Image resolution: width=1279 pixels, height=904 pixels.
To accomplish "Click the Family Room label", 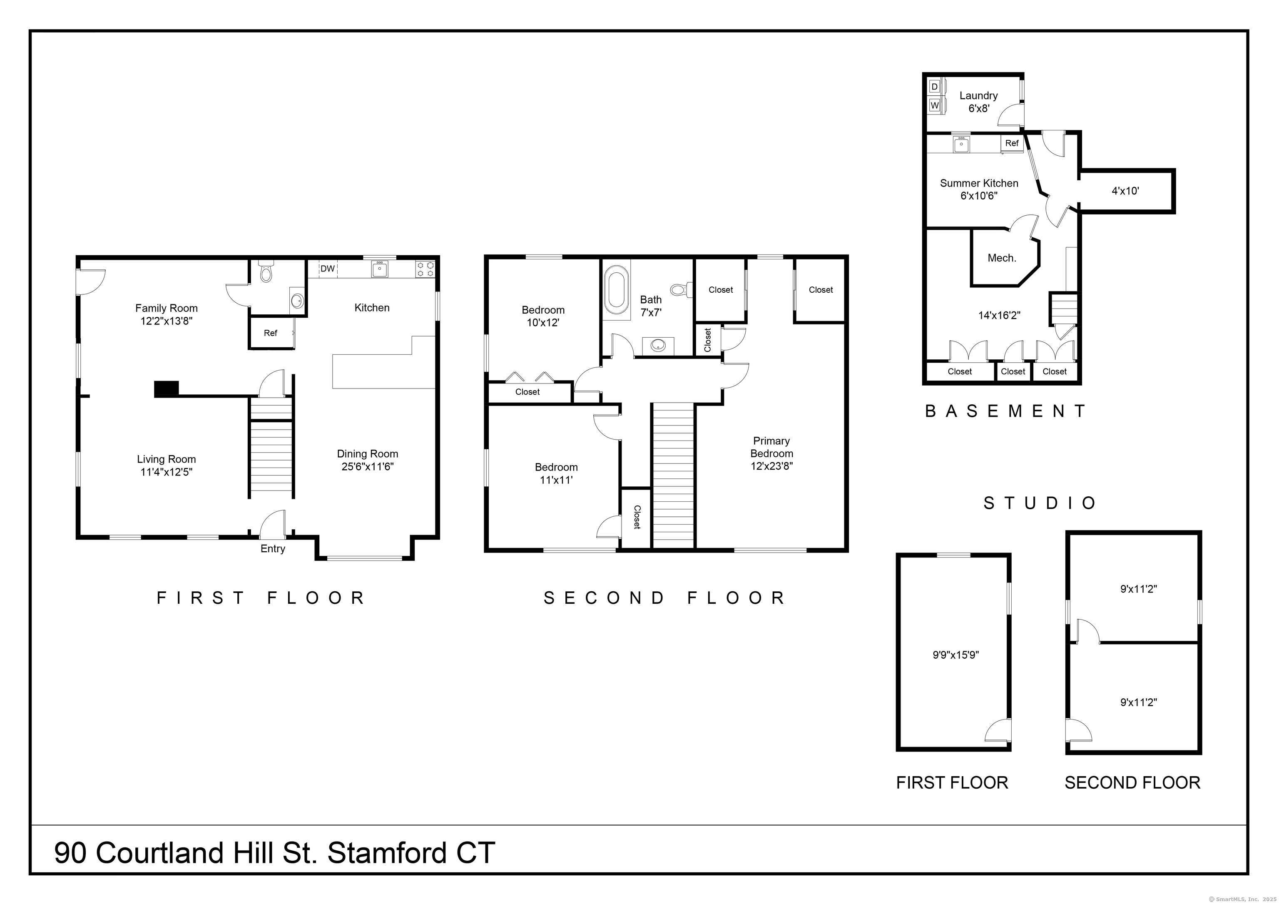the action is (166, 308).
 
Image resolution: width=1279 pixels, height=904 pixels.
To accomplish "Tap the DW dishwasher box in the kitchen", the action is (328, 269).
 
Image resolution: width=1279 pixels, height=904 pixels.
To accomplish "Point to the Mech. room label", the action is (1002, 258).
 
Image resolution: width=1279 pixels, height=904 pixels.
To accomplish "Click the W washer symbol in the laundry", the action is (935, 105).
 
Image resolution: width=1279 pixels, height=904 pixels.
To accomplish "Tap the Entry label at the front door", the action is (273, 549).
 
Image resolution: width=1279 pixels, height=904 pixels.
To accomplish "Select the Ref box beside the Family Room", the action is (271, 333).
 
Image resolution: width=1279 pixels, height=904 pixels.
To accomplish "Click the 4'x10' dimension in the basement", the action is (1125, 190).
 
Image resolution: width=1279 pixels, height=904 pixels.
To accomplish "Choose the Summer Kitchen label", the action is (979, 183).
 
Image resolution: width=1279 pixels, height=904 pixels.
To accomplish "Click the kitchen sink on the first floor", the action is (381, 269).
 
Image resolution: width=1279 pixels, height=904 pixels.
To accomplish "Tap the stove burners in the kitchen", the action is (426, 269).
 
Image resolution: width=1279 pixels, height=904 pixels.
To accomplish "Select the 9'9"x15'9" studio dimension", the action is (956, 655).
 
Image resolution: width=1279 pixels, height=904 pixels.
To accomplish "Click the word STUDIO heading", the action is (1040, 503).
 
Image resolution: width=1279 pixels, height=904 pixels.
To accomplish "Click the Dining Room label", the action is (367, 454).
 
